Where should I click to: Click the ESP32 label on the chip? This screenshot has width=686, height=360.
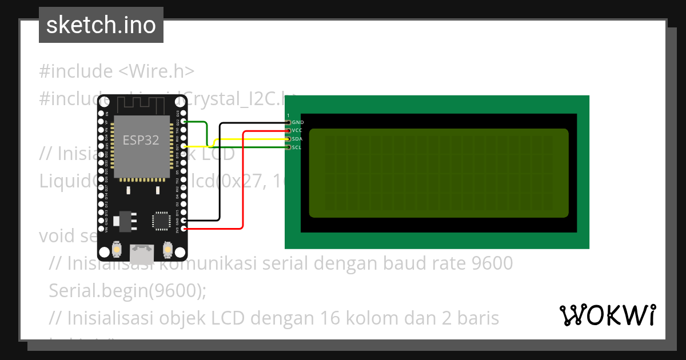141,140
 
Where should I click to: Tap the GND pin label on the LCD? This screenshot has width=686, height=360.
298,122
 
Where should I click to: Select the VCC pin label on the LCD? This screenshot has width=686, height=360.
297,131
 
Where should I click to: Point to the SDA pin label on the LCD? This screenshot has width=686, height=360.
297,139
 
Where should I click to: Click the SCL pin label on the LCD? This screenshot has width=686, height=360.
297,147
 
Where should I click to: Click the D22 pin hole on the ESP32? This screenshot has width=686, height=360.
184,122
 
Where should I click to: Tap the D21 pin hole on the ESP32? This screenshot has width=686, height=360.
184,146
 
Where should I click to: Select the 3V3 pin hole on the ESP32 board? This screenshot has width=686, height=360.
184,229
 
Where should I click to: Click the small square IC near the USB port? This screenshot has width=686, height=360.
161,221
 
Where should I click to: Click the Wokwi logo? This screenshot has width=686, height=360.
607,315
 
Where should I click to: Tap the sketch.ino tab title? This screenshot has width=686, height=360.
101,25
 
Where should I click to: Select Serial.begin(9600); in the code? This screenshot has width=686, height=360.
127,290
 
